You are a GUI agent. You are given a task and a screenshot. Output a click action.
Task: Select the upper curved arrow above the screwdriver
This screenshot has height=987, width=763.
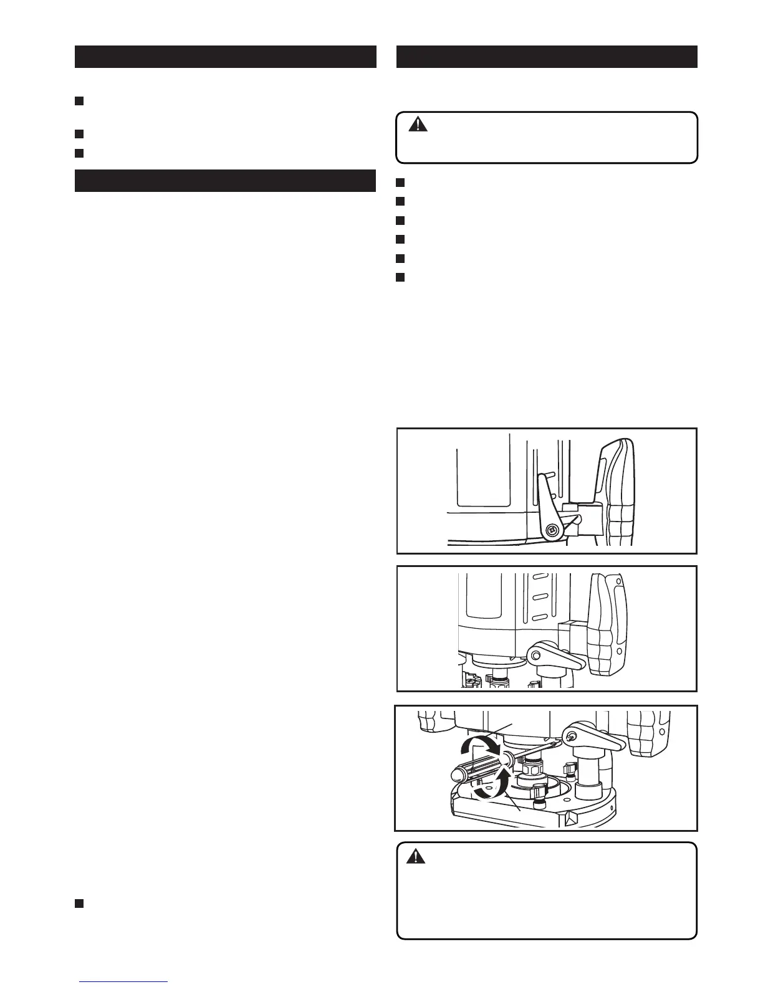coord(477,746)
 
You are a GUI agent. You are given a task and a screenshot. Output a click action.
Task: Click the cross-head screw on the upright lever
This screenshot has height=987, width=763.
coord(552,530)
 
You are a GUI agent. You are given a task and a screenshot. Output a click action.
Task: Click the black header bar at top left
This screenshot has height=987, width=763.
coord(225,56)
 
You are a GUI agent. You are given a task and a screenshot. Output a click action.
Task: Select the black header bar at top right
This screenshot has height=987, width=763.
coord(547,56)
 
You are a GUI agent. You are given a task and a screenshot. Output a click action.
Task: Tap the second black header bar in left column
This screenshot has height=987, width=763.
coord(225,181)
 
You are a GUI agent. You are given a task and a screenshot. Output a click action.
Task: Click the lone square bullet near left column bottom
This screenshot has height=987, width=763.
coord(79,904)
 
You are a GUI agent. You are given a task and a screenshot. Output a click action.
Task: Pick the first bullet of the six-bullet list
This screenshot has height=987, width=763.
coord(401,183)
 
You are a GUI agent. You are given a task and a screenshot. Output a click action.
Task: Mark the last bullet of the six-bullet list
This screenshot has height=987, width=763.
coord(401,277)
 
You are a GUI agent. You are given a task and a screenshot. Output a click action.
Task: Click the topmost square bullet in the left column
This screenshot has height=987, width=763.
coord(79,101)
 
